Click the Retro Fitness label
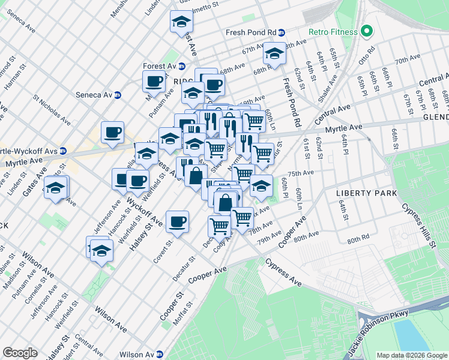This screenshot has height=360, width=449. pos(333,32)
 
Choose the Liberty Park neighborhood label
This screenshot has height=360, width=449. pos(367,193)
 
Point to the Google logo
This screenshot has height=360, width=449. pos(19,353)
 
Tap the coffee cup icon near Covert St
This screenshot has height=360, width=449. pos(177,222)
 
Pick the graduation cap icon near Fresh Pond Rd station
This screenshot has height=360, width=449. pos(275,55)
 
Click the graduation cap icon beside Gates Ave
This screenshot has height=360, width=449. pos(55,188)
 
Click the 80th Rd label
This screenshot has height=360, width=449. pos(357,239)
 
